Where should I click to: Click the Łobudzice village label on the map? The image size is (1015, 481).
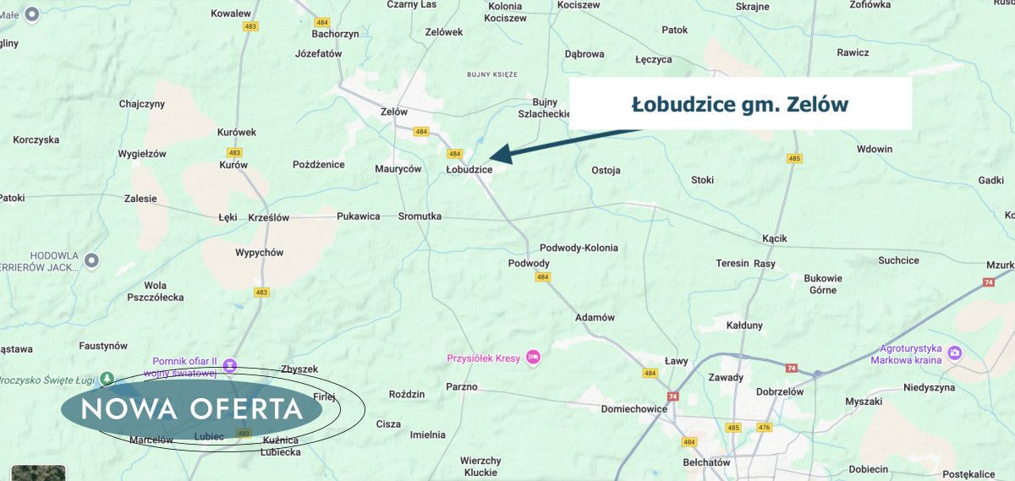469,170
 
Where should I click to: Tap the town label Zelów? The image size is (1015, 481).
394,112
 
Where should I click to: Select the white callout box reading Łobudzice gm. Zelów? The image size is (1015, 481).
739,104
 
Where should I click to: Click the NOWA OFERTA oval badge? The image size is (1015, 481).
192,409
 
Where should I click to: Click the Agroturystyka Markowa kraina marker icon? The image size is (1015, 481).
955,353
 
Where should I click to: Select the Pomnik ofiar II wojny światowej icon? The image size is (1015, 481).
230,366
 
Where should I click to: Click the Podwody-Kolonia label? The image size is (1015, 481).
579,248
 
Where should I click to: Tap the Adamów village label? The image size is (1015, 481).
595,317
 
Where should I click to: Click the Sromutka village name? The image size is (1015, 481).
420,216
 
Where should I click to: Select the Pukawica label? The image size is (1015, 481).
358,216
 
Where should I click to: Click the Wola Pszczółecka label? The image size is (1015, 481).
155,292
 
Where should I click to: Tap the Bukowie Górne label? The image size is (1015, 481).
822,284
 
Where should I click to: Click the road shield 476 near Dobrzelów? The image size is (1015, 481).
765,428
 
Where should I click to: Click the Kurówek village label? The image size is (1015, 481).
236,133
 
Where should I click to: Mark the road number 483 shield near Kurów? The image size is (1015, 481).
234,153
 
